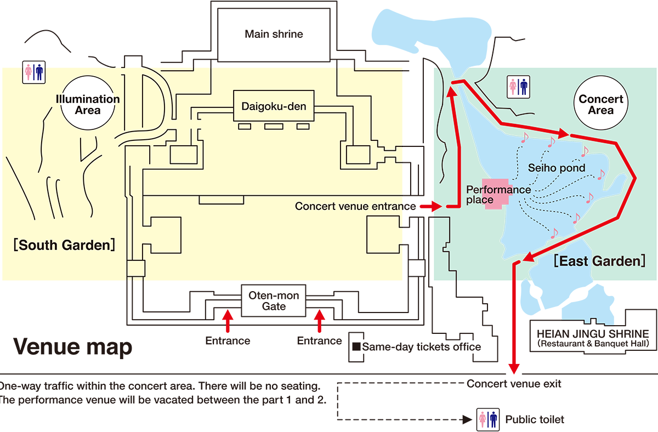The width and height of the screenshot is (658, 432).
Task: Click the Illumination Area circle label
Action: point(88,104)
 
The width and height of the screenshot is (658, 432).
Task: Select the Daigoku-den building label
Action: point(274,105)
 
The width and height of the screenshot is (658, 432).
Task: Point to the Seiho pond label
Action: point(557,167)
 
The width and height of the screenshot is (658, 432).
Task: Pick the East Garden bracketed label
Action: point(599,261)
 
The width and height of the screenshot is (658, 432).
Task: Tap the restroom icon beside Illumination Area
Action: point(33,72)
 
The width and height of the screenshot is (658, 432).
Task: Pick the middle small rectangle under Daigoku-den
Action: point(274,127)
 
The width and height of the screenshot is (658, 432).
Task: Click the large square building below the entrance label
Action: point(383,234)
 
